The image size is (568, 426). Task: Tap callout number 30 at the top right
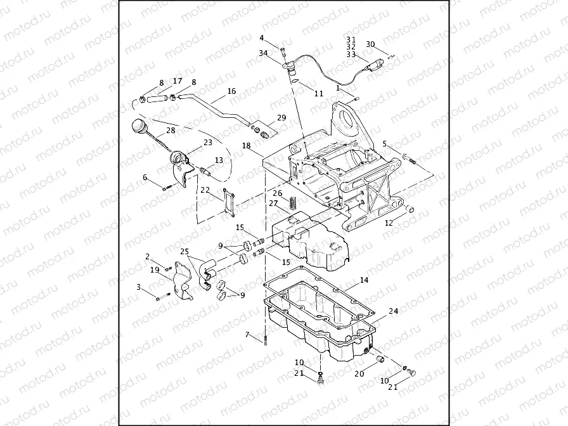371,44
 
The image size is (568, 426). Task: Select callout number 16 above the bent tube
231,91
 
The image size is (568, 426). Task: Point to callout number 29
281,118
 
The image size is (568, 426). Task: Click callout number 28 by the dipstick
170,131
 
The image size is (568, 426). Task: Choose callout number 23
208,143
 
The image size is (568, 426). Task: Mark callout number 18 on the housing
247,146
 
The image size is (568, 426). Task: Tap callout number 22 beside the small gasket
205,190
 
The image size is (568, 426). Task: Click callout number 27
273,203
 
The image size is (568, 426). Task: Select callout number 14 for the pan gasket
364,280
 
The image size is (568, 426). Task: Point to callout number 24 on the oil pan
393,312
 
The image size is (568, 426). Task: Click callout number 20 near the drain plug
359,373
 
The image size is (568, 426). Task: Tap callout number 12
389,223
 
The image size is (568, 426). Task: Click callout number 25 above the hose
184,252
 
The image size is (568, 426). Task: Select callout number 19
155,270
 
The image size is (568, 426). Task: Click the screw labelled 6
165,188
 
